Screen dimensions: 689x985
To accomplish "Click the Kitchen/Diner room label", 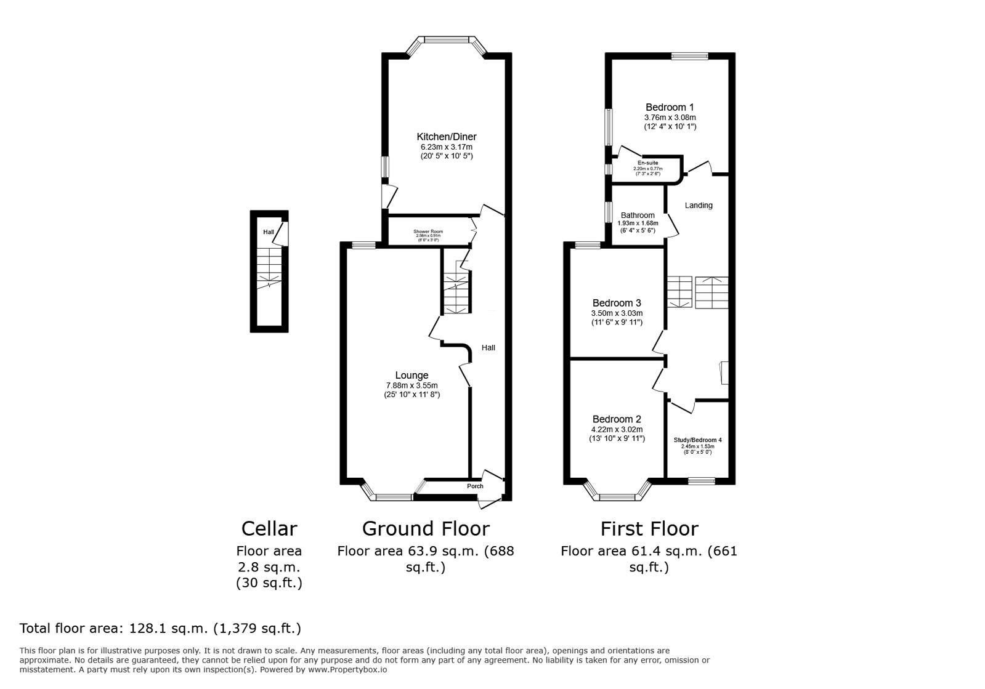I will click(446, 137).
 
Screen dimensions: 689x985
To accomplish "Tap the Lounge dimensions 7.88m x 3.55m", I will click(411, 385).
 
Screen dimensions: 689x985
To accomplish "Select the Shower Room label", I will click(428, 232).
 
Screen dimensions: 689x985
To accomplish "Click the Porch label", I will click(475, 486).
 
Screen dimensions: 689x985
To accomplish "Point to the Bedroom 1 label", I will click(669, 107).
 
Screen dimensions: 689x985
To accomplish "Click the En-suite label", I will click(647, 163).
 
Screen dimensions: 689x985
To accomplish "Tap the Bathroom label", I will click(638, 216).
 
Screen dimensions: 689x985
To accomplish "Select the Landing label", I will click(699, 206).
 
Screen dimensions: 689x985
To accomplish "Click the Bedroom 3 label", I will click(617, 303).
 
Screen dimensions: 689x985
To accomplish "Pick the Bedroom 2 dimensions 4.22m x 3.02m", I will click(617, 430).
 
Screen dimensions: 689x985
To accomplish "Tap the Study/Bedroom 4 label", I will click(697, 440).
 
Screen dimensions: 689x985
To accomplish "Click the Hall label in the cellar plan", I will click(269, 232).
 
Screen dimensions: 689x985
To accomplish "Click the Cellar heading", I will click(269, 529).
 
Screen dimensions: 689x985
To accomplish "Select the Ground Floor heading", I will click(426, 529).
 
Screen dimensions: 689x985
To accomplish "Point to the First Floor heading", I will click(649, 529).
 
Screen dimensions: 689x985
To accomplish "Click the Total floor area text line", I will click(160, 629).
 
